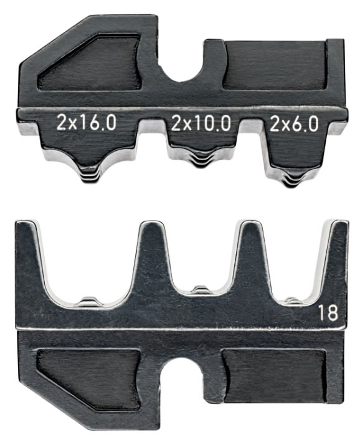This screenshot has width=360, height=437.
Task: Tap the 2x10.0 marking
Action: [200, 123]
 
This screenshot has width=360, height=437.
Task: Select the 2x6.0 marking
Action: [295, 123]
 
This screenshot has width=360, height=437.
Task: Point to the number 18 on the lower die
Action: [329, 313]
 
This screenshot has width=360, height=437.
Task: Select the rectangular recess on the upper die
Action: [274, 65]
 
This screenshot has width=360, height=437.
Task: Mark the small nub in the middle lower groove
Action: [198, 289]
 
